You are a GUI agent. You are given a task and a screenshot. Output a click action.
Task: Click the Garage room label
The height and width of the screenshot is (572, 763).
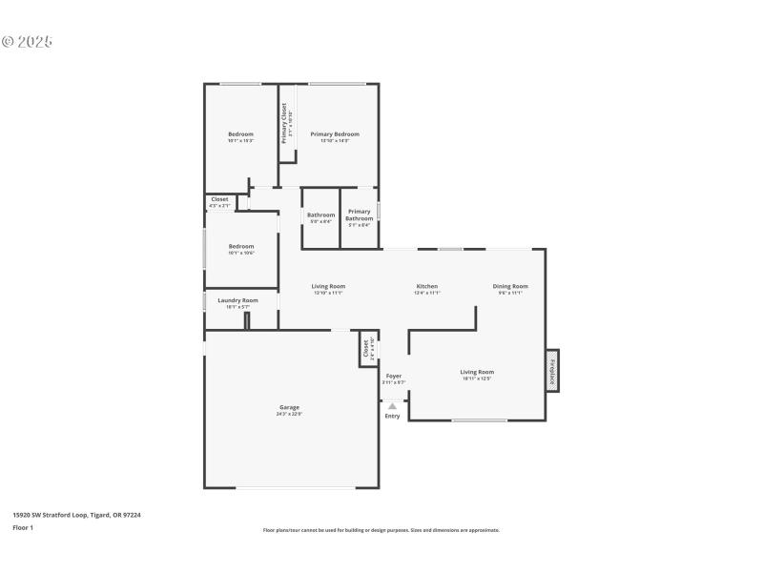coord(289,407)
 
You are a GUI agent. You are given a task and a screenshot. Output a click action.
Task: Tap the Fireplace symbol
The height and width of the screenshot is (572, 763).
coord(551,370)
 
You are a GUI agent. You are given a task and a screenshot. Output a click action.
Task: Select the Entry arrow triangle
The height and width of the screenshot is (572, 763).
coord(392,406)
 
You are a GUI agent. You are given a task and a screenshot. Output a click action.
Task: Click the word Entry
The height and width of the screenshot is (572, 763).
coord(392,416)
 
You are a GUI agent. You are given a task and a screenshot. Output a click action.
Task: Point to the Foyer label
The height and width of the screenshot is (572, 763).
coord(394,377)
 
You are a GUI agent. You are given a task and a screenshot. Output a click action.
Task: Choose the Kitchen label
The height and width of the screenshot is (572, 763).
coord(426,286)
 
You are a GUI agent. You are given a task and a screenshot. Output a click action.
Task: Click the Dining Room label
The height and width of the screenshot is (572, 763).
coord(510,286)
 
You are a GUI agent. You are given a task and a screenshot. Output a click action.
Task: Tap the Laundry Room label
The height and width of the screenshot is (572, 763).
coord(237,300)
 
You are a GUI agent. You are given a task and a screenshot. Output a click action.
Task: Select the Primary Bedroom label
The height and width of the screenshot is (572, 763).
coord(334,134)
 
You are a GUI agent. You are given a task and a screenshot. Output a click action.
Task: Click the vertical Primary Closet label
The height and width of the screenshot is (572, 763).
coord(284,123)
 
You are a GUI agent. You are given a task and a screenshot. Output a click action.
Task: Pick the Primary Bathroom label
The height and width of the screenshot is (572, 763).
coord(359,214)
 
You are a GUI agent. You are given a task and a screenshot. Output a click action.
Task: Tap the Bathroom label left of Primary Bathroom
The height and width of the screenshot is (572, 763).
coord(320,214)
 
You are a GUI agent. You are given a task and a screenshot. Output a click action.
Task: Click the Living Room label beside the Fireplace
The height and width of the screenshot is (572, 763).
coord(477,372)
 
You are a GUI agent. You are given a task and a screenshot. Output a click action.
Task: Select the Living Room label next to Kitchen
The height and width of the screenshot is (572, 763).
coord(328,286)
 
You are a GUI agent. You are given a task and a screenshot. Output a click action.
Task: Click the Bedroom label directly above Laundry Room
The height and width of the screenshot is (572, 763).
coord(240,246)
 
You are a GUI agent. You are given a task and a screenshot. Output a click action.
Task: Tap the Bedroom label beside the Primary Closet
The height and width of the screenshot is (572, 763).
coord(240,134)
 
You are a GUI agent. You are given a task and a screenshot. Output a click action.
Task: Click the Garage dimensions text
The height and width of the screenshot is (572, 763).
coord(289,414)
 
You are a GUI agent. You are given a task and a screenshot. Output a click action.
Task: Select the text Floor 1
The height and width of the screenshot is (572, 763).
coord(23,527)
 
